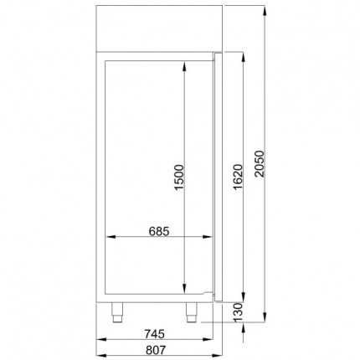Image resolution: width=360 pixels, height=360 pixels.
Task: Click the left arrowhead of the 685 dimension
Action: coord(106,239)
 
